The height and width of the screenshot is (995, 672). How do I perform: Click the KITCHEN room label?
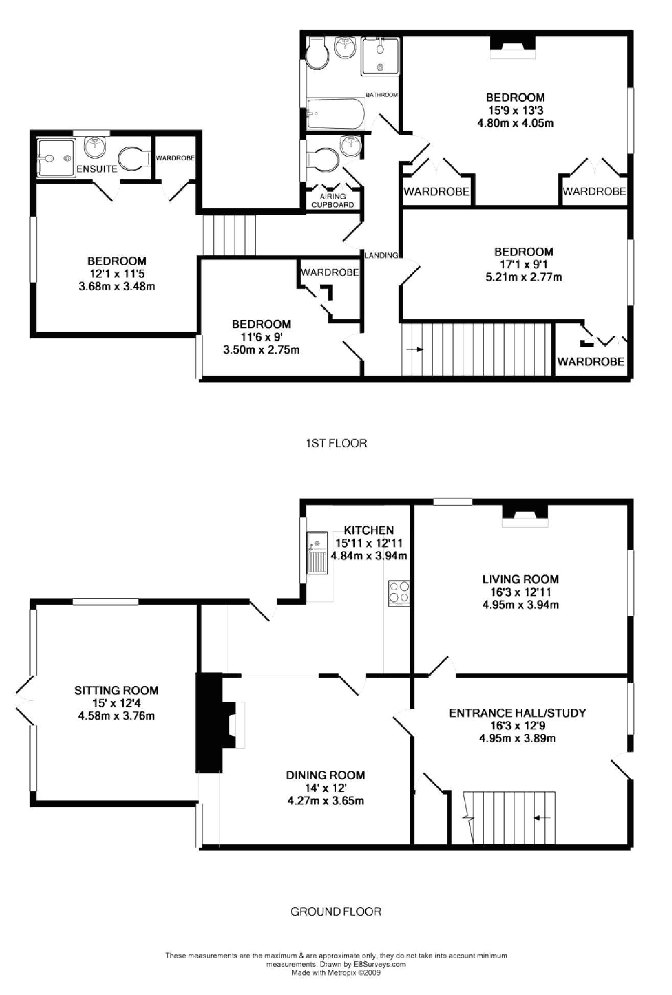pos(369,530)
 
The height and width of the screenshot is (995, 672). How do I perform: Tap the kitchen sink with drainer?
pos(317,553)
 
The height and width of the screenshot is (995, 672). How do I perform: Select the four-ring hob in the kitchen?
pos(399,593)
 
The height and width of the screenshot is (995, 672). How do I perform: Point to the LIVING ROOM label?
pos(521,579)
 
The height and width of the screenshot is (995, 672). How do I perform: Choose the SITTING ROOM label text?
pos(117,690)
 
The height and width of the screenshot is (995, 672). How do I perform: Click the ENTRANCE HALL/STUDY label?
pos(518,713)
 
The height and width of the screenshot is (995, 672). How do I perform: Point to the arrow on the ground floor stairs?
pos(542,818)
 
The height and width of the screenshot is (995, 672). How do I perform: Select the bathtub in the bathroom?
pos(335,115)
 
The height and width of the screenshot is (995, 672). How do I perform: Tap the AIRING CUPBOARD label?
pos(333,201)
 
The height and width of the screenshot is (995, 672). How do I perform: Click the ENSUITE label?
pos(97,169)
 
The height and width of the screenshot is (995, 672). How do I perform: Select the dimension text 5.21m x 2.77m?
pos(523,277)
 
